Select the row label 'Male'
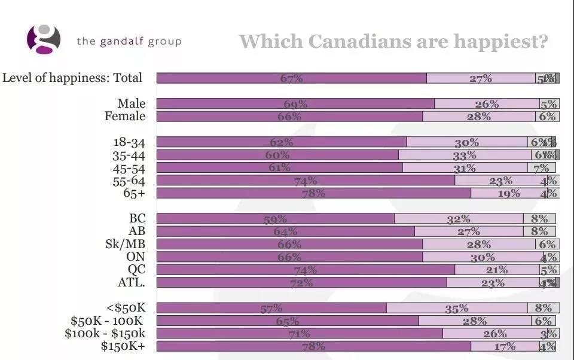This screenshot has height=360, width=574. tap(131, 103)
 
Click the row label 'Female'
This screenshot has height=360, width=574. tap(125, 116)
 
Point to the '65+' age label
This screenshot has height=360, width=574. tap(133, 193)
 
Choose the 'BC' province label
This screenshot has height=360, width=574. tap(137, 218)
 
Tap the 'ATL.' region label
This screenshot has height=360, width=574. tap(132, 282)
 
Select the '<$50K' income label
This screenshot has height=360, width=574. tap(126, 308)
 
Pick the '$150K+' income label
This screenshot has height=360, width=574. tap(123, 346)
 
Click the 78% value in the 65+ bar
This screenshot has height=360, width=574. tap(313, 193)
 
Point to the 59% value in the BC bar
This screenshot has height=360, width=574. tap(275, 219)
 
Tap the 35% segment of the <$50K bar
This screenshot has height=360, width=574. tap(456, 309)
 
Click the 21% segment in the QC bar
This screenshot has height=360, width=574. tap(497, 270)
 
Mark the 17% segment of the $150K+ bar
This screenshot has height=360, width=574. tap(504, 346)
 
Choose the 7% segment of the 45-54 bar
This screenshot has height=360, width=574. tap(541, 168)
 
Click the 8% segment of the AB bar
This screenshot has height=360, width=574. tap(539, 231)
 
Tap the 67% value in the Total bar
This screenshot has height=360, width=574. tap(291, 78)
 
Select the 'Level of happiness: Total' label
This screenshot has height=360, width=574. tap(72, 78)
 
